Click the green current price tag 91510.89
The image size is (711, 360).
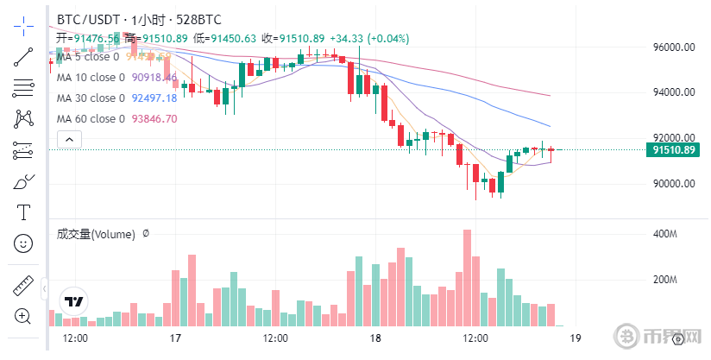click(674, 150)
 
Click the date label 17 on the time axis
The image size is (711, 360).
click(175, 338)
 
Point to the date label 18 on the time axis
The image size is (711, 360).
click(375, 338)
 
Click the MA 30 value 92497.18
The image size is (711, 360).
click(154, 98)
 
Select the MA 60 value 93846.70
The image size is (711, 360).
click(154, 119)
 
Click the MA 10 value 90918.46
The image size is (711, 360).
click(154, 78)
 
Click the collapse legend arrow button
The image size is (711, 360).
click(68, 138)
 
